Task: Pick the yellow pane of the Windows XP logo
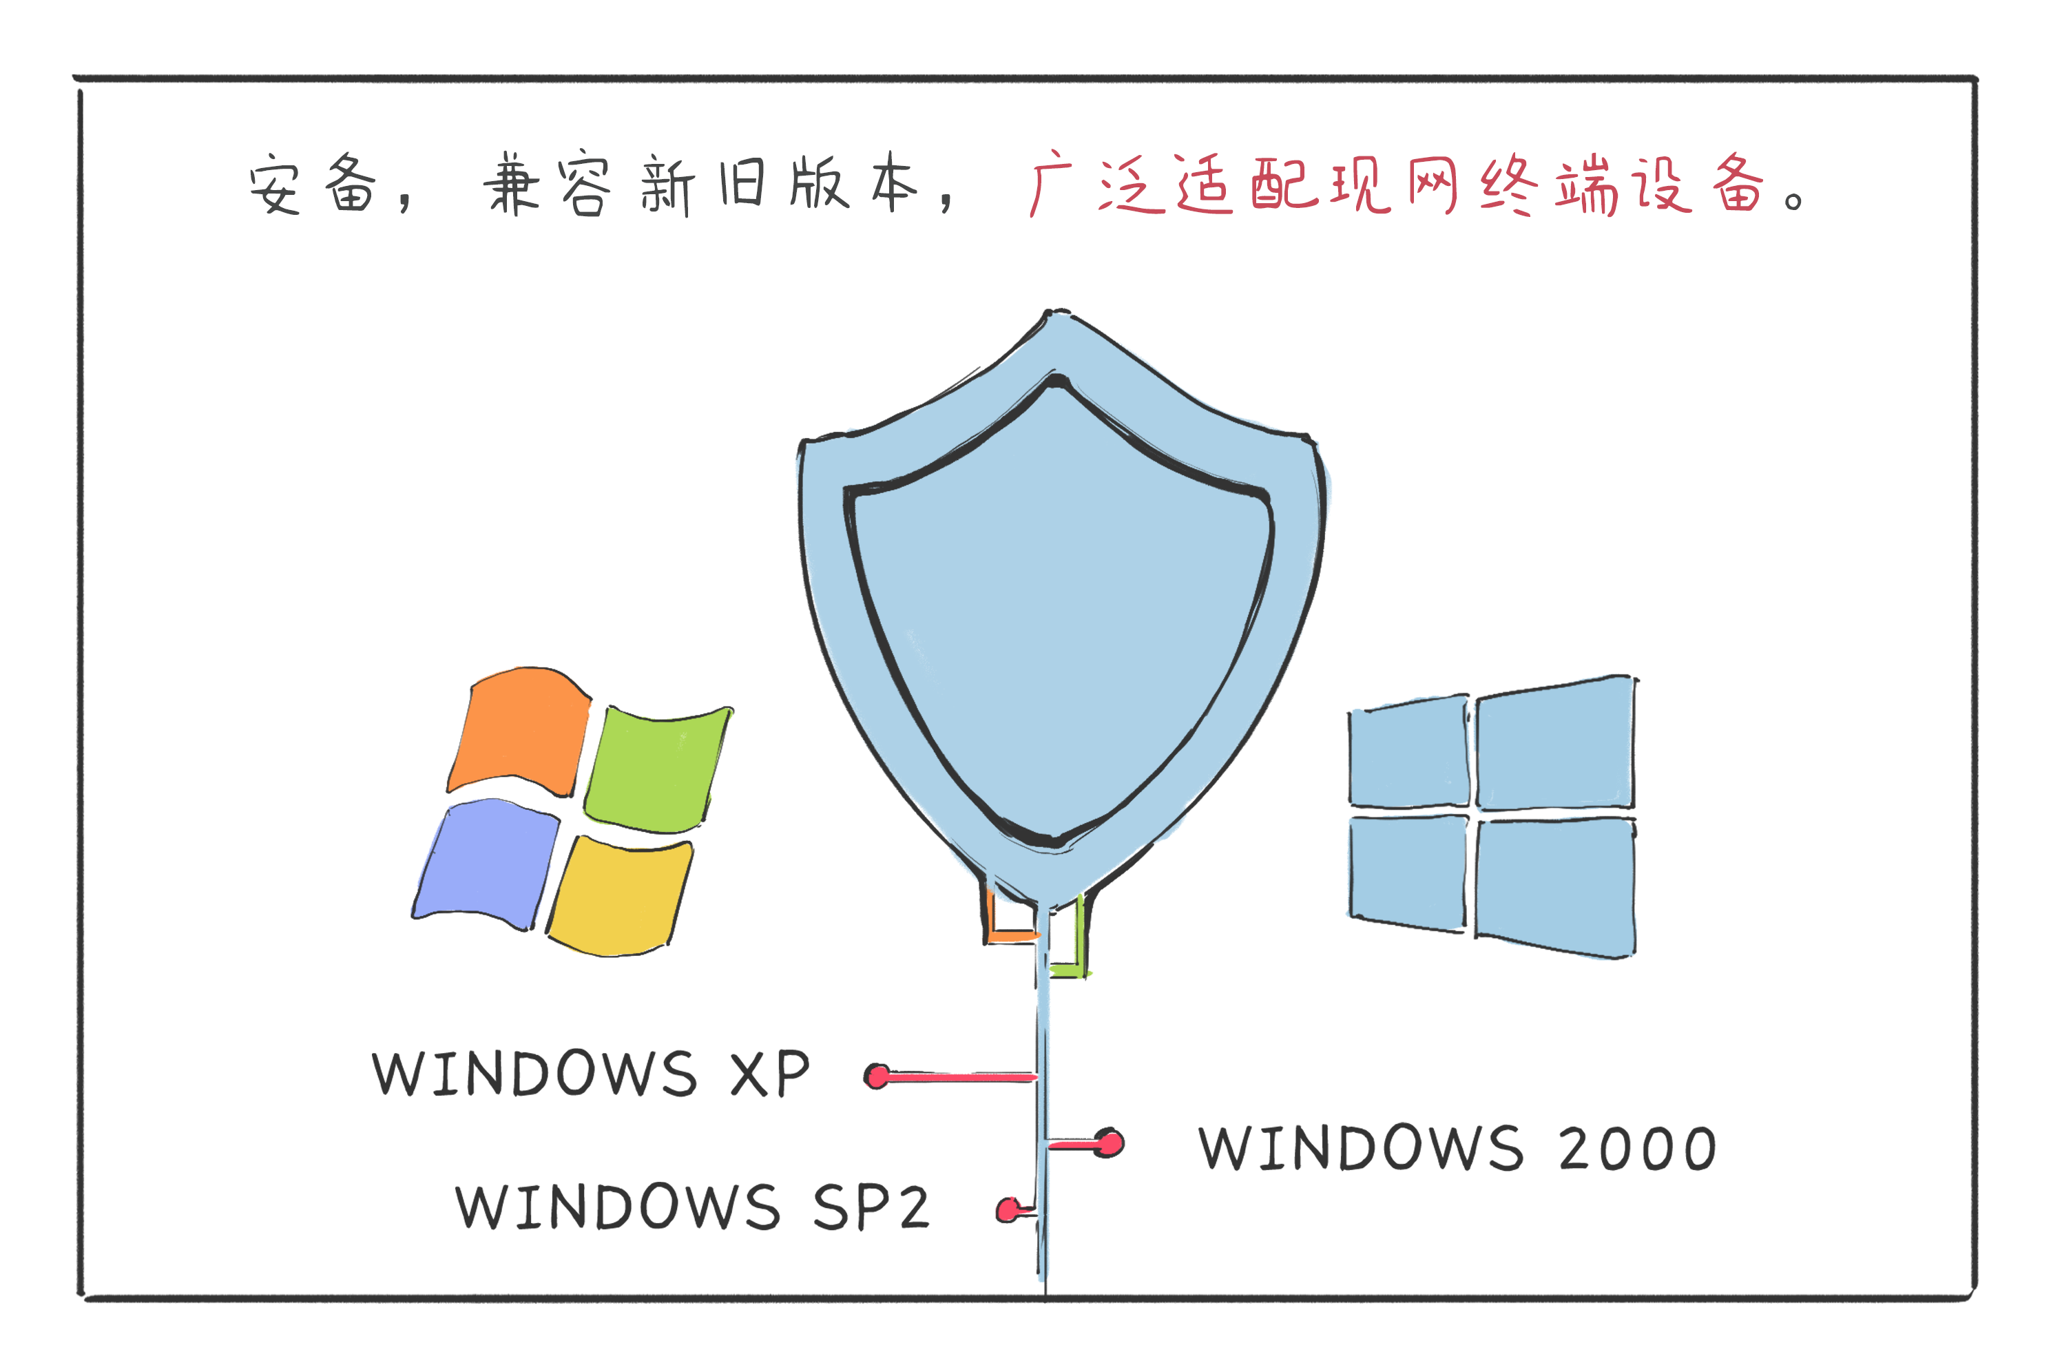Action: [x=620, y=897]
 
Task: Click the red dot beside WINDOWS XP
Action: [x=877, y=1077]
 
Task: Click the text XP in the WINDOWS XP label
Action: [x=769, y=1074]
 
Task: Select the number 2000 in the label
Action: [x=1636, y=1149]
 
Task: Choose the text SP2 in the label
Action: [x=871, y=1208]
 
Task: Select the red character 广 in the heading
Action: [x=1049, y=183]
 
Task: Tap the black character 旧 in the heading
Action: [x=742, y=183]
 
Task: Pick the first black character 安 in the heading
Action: [x=275, y=185]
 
